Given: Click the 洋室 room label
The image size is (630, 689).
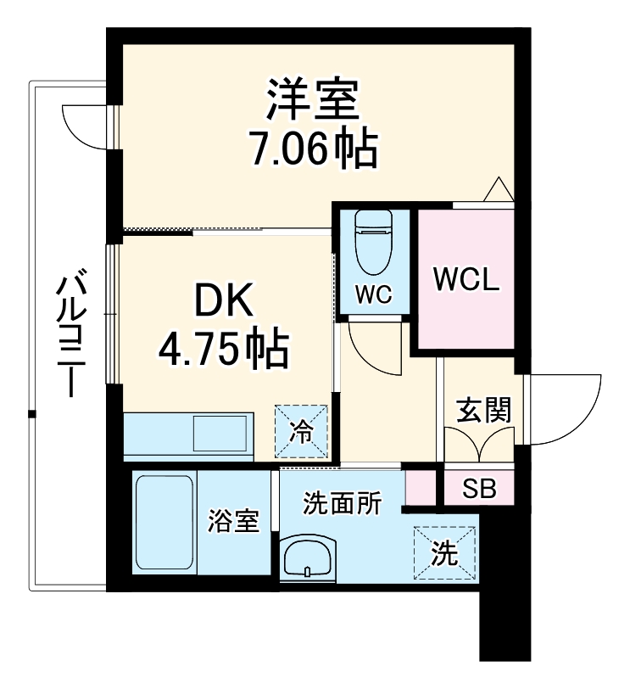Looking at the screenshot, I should [313, 101].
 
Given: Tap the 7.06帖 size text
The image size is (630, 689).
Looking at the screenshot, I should [313, 150].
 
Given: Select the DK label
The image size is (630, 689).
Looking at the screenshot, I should [225, 300].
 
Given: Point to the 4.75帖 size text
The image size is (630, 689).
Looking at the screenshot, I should [225, 347].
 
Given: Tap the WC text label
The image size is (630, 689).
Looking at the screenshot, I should [373, 294].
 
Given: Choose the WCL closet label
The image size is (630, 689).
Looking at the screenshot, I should [466, 280].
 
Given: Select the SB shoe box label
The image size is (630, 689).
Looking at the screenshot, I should [479, 488].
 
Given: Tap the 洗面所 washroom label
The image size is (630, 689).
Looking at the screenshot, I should [343, 503].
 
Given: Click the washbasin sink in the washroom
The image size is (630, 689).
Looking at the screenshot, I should [309, 560].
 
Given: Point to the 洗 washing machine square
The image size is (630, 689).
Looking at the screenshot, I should [445, 553].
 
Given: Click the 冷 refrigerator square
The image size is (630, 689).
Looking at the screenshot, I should [301, 431].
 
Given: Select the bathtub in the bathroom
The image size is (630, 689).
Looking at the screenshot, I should [164, 524].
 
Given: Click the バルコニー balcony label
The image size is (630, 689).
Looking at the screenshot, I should [68, 334].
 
